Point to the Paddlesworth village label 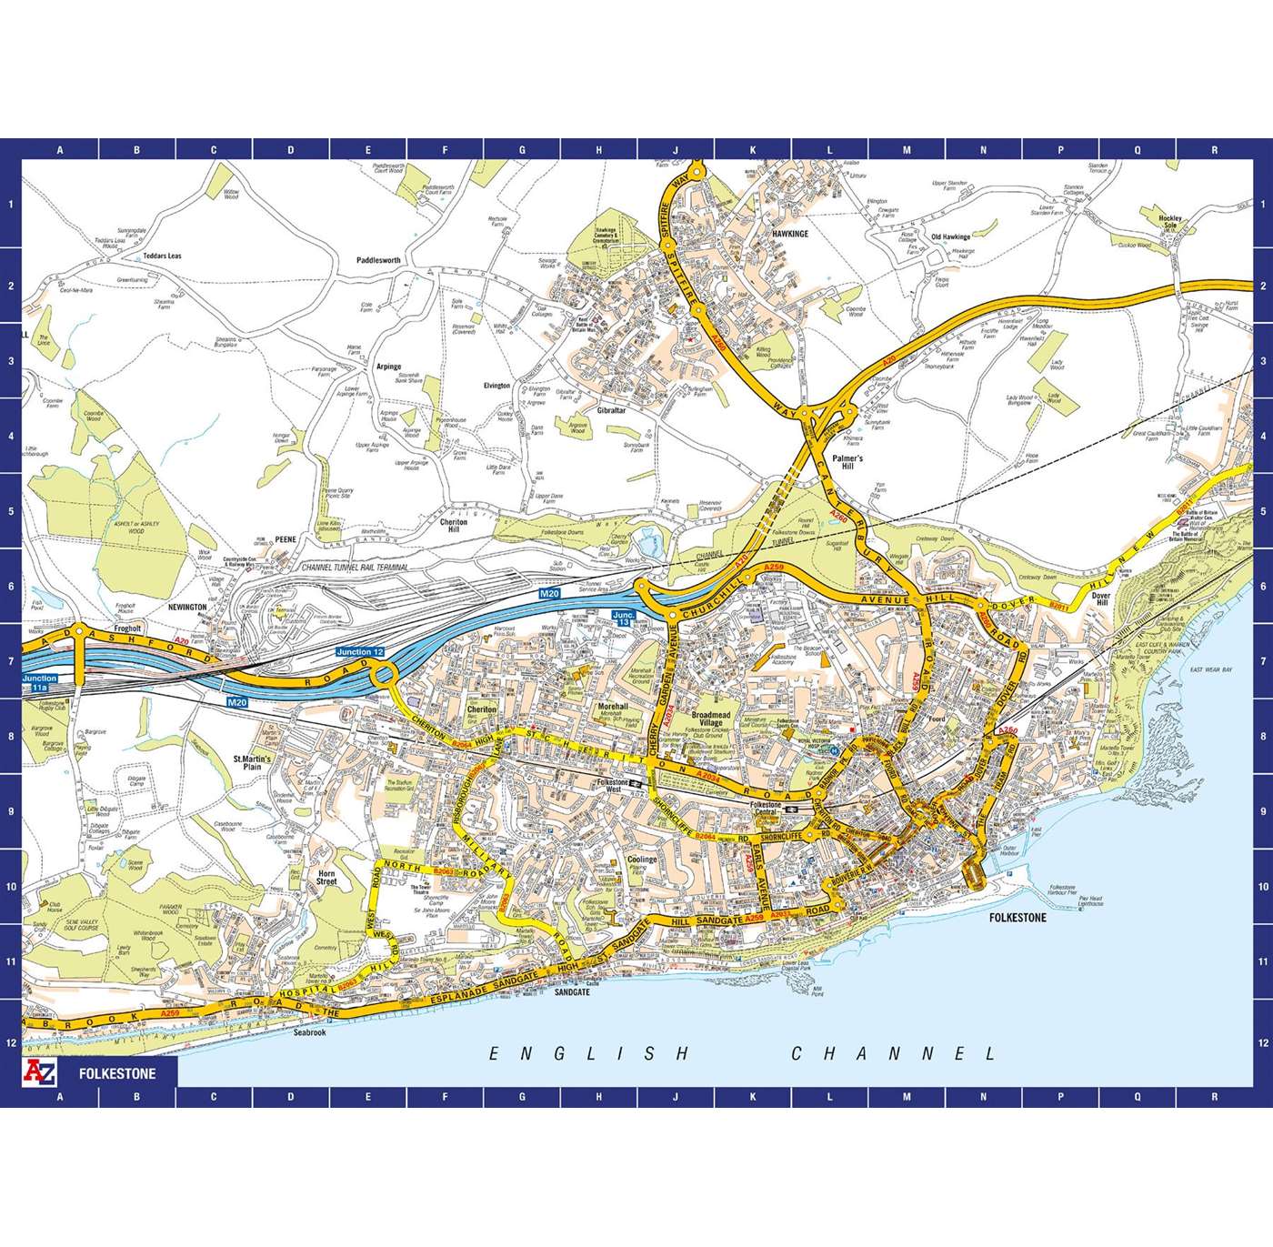click(378, 260)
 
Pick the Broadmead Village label click(711, 718)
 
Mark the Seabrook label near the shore click(309, 1032)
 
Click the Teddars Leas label click(161, 256)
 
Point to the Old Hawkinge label click(950, 237)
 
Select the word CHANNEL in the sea click(894, 1054)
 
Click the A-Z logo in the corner click(40, 1072)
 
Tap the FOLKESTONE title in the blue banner click(117, 1073)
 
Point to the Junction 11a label click(40, 683)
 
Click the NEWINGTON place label click(187, 607)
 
